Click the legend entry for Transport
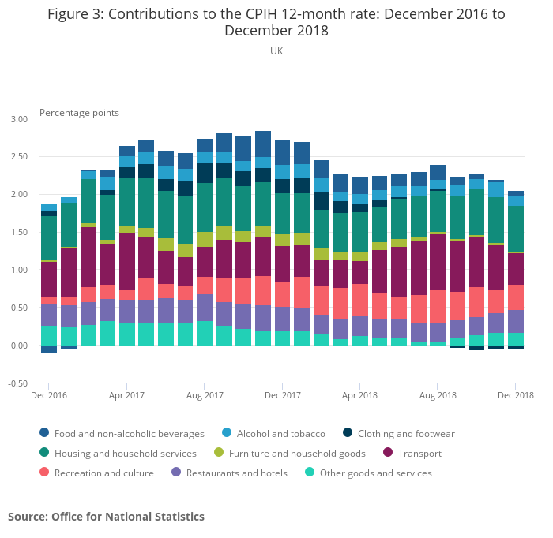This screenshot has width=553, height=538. [419, 454]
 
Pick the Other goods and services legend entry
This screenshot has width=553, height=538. [375, 473]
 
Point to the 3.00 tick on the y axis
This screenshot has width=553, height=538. [18, 119]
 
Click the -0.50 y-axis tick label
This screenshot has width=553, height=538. [17, 384]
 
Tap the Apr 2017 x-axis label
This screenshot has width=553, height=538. [126, 395]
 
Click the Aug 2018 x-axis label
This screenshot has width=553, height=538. [438, 395]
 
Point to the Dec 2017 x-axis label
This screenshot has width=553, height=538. [282, 395]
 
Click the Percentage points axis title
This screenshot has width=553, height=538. [79, 113]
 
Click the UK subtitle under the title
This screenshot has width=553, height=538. [276, 51]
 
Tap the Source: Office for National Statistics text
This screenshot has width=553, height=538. [106, 517]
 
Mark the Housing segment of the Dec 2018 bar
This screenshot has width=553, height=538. [516, 229]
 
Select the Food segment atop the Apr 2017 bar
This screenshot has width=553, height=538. [127, 151]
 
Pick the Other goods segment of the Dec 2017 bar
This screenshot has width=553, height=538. [283, 338]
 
